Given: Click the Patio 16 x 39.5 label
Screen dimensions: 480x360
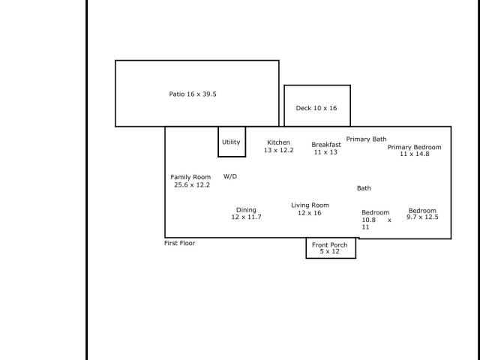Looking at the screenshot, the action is click(193, 94).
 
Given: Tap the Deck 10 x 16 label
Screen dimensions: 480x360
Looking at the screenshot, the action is click(316, 108).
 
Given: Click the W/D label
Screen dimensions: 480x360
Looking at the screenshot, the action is click(230, 176).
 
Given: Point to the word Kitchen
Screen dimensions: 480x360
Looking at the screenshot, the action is click(278, 142).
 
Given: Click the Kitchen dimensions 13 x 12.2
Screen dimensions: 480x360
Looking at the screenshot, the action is click(278, 150).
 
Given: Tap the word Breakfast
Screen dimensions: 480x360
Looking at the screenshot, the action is click(326, 145).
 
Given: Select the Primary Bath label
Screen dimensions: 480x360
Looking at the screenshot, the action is click(367, 139).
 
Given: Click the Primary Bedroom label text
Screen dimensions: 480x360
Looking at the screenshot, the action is click(415, 147).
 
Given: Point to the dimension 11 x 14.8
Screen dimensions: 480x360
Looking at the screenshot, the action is click(415, 154).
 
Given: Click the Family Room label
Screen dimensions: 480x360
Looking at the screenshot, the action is click(190, 177).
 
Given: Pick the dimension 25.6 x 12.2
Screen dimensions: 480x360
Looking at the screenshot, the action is click(192, 185).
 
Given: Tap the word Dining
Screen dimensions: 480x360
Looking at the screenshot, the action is click(246, 210).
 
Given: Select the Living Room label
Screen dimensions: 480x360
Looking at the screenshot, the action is click(310, 205).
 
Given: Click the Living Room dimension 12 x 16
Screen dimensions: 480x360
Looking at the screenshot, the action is click(310, 213).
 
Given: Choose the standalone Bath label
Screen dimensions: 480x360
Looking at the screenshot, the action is click(364, 188).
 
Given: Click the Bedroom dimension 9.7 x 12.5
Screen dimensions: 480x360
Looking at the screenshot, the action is click(422, 217).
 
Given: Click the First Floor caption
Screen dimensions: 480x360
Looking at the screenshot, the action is click(180, 243).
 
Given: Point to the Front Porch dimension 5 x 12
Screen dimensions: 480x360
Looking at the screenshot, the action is click(330, 251).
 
